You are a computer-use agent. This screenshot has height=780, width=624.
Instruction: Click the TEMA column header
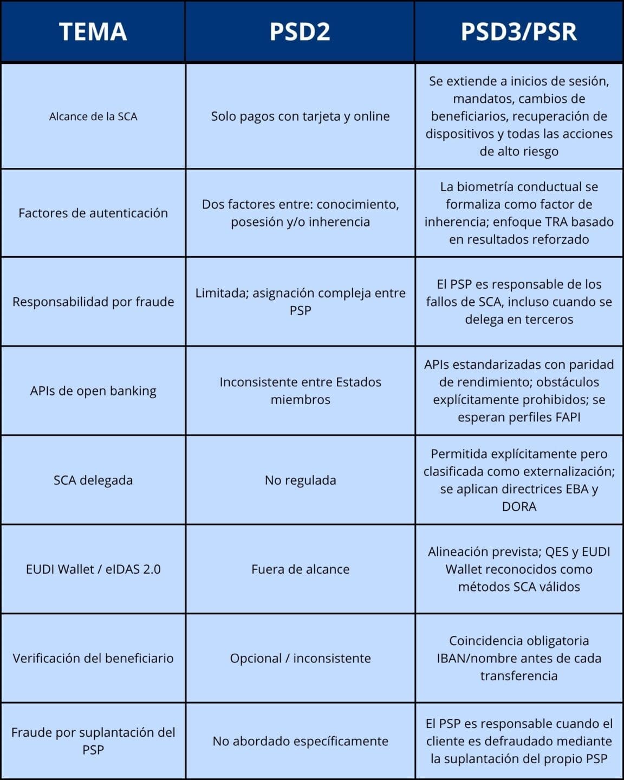click(x=93, y=31)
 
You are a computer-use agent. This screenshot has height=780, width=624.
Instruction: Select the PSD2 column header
click(x=300, y=31)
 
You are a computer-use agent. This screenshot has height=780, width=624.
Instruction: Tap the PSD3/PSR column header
click(x=518, y=31)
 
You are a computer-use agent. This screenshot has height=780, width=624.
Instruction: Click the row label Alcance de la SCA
click(x=93, y=116)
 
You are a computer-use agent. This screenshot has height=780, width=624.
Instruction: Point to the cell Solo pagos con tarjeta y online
click(x=300, y=116)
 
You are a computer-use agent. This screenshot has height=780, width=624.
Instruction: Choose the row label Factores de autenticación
click(x=93, y=213)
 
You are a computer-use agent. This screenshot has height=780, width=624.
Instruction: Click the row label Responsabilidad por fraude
click(x=93, y=302)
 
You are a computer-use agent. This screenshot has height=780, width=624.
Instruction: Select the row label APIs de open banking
click(x=93, y=391)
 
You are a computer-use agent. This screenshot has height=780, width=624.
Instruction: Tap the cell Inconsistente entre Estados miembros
click(x=300, y=391)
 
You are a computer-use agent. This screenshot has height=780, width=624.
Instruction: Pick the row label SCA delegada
click(x=93, y=480)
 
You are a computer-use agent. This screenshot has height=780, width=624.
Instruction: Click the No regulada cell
click(x=300, y=480)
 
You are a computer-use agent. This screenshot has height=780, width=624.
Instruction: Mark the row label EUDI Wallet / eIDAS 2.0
click(x=93, y=569)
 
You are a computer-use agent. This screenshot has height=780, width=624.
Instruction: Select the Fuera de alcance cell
click(x=300, y=569)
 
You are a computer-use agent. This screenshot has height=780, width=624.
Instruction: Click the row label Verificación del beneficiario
click(x=93, y=658)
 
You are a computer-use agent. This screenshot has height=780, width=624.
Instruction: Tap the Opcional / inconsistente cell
click(x=300, y=658)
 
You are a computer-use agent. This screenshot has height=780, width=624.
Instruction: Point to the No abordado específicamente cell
click(x=300, y=741)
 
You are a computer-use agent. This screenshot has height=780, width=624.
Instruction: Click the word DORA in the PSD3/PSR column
click(x=519, y=506)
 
